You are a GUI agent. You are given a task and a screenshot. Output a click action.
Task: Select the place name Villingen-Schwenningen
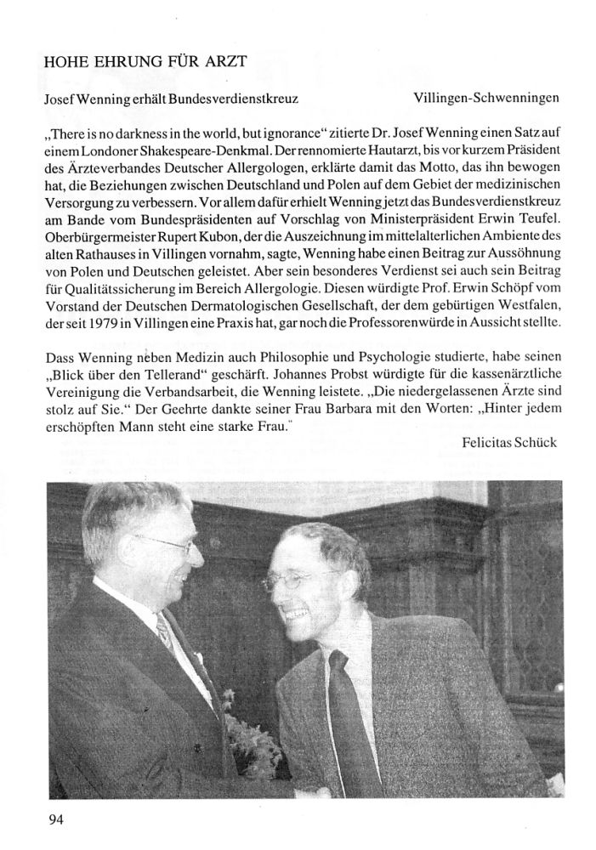click(485, 98)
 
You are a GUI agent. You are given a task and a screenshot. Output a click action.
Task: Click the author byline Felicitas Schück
click(509, 443)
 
